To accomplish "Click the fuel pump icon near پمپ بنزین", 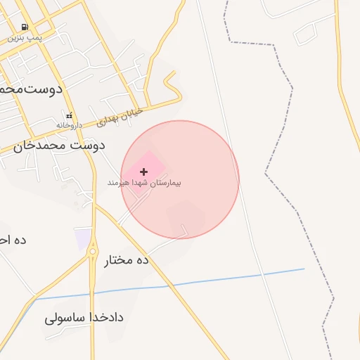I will tap(25, 26).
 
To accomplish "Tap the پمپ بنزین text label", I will tap(25, 37).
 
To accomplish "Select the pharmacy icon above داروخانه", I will tap(69, 115).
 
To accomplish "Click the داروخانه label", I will tap(70, 125).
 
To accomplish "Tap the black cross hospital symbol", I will tap(144, 172).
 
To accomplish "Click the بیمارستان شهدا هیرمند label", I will tap(144, 183).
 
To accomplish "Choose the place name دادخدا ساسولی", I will tap(84, 317).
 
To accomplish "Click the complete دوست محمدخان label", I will tap(58, 146).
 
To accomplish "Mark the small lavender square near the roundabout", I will tap(84, 238).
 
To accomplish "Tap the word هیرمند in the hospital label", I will tap(117, 183).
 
